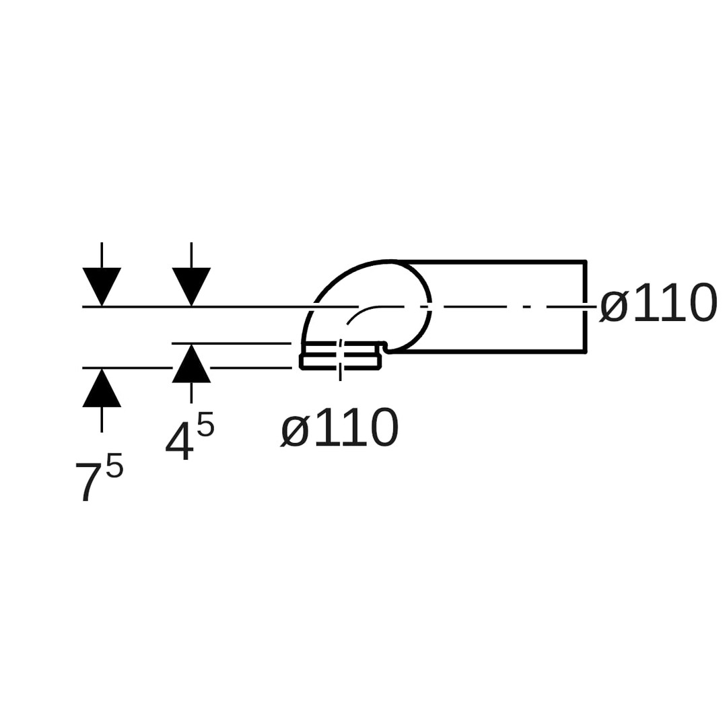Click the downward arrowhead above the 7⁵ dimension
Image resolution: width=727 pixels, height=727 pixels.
point(102,285)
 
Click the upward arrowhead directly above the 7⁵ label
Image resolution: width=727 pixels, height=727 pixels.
point(102,389)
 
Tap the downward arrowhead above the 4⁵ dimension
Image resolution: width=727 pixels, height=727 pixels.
point(191,285)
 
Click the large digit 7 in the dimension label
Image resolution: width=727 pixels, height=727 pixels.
point(87,481)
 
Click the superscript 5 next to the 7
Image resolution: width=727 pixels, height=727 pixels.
point(114,466)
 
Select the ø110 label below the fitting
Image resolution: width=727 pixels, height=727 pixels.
point(340,428)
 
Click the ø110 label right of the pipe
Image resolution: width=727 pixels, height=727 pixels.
point(658,304)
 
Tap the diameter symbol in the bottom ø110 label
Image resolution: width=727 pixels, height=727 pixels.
point(295,431)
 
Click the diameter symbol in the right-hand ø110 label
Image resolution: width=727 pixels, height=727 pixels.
point(614,306)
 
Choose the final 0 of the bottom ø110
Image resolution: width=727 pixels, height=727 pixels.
point(384,428)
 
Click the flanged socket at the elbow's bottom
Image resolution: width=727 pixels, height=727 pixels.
point(341,355)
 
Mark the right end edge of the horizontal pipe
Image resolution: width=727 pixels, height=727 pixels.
point(585,306)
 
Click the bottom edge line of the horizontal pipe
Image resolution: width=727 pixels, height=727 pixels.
point(491,351)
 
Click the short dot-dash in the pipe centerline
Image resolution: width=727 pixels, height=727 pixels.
point(526,307)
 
